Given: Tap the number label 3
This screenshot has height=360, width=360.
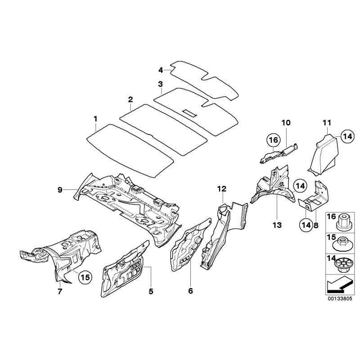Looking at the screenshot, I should tap(160, 84).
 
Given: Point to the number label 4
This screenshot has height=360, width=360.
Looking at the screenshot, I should tap(160, 70).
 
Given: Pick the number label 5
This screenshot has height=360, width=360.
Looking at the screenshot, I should tap(151, 291).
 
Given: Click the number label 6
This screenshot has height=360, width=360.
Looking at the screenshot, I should tap(190, 291).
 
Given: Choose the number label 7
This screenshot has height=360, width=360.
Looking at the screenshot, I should tap(60, 291).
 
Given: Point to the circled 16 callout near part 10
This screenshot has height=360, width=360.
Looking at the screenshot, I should tap(273, 141).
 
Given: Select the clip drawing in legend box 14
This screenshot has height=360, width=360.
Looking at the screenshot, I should tap(343, 264).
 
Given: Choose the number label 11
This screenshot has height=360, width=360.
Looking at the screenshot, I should tap(327, 122).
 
